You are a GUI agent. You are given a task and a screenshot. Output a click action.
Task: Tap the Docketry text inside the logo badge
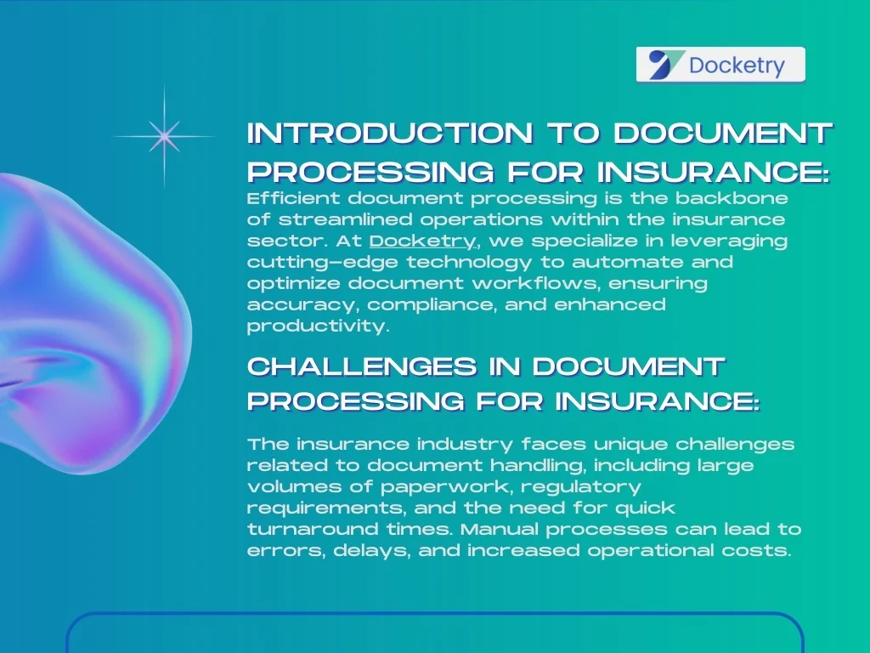(737, 65)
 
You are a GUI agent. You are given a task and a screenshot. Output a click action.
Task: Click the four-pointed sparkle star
(164, 136)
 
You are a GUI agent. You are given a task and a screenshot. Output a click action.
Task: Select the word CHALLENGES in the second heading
(362, 366)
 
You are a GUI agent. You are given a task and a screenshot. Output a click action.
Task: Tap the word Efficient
(293, 198)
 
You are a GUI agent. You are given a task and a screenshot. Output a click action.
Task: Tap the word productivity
(319, 326)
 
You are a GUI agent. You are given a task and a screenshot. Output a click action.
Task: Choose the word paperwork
(446, 487)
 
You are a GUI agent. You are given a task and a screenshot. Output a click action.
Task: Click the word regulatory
(581, 487)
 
